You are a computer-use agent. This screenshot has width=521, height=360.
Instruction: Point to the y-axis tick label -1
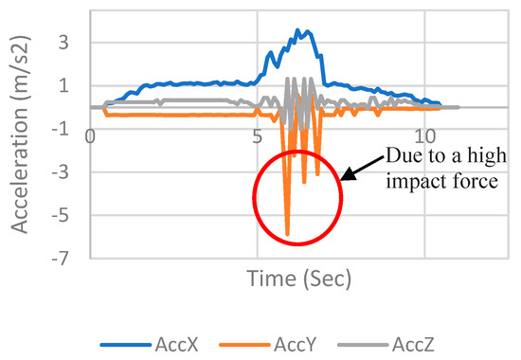point(60,129)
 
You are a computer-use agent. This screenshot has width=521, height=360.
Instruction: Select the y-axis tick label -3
point(60,172)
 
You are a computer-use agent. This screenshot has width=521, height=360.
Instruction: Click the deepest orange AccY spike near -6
point(287,233)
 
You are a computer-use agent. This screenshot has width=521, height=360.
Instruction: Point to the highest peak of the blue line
point(298,30)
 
